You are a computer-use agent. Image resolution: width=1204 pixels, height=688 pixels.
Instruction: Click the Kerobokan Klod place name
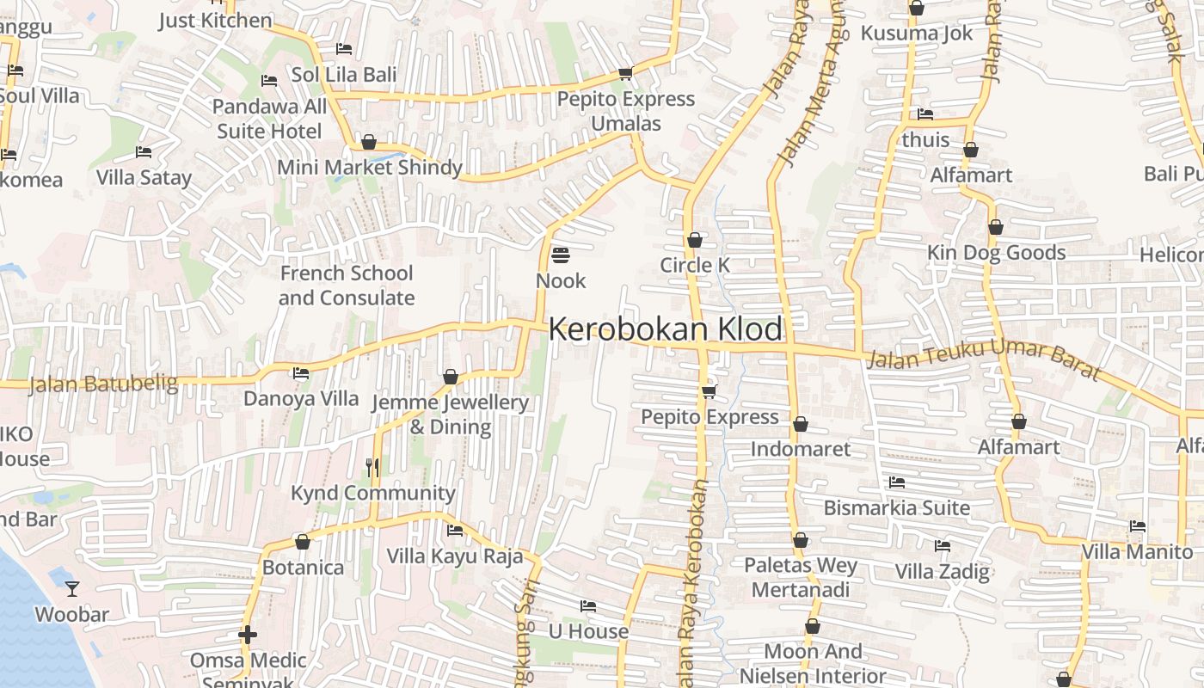point(666,329)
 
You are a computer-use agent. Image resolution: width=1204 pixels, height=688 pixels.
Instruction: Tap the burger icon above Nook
point(561,255)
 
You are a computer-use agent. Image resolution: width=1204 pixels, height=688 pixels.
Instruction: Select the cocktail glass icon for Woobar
point(72,589)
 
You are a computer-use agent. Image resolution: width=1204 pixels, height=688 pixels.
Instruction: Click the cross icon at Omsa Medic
point(248,636)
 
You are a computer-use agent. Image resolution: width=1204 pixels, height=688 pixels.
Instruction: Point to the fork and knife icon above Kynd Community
point(372,468)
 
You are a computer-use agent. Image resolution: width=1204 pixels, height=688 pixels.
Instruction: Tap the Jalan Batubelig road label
point(102,384)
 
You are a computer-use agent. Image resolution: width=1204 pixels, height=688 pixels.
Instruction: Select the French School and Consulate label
point(346,286)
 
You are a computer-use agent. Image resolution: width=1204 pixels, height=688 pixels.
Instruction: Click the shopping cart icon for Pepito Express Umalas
point(625,74)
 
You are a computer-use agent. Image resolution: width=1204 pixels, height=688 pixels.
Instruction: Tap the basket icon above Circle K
point(695,240)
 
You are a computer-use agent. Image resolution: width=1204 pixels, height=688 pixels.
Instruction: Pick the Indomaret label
point(800,449)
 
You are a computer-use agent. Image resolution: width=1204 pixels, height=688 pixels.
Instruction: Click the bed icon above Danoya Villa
point(301,373)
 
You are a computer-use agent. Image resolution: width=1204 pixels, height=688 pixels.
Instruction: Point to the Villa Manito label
point(1137,552)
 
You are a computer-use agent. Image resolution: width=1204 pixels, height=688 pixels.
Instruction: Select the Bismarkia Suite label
point(896,507)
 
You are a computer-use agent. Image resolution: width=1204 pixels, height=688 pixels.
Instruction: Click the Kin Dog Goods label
point(996,253)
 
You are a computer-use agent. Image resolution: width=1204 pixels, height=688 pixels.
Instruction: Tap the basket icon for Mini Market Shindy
point(369,142)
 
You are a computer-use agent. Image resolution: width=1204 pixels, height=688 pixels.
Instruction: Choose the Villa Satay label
point(144,178)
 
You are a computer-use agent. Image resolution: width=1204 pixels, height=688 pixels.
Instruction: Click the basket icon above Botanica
point(303,542)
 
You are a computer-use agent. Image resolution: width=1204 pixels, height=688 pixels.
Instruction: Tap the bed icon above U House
point(588,606)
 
